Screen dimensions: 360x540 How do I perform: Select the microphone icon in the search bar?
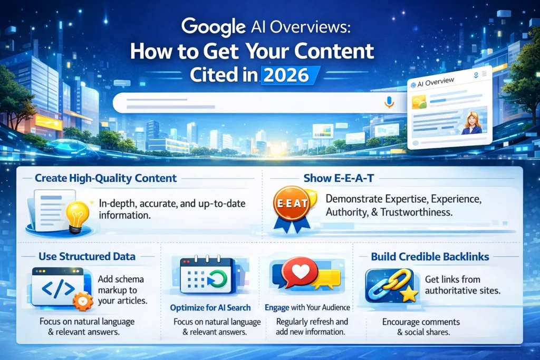point(389,102)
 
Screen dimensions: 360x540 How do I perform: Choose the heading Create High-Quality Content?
point(105,178)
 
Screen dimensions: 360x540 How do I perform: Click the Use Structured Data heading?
point(87,257)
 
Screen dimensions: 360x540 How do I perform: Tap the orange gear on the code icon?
point(83,300)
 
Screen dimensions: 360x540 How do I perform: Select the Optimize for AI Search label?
point(210,307)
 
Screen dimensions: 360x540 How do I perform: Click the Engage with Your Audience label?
point(307,307)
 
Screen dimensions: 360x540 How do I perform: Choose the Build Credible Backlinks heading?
point(430,257)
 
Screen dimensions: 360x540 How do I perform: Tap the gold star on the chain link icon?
point(408,295)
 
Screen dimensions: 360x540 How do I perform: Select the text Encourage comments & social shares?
point(421,327)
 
